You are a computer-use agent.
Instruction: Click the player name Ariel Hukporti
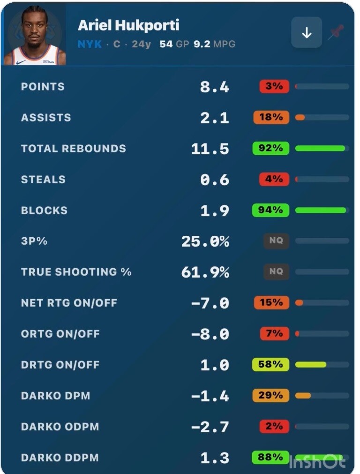tap(128, 25)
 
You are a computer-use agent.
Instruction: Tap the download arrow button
tap(307, 32)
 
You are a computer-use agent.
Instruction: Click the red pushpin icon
tap(337, 32)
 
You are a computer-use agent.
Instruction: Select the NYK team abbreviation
tap(90, 44)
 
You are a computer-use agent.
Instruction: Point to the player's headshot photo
tap(34, 35)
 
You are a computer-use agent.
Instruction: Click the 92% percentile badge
tap(270, 148)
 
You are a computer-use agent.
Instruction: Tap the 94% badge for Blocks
tap(270, 210)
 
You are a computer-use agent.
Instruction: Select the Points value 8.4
tap(215, 87)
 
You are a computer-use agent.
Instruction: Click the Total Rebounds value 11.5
tap(210, 149)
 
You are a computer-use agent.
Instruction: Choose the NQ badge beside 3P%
tap(276, 241)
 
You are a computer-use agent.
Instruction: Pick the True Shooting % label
tap(76, 272)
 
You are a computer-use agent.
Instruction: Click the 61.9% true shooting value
tap(205, 272)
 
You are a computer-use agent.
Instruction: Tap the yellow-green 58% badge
tap(270, 364)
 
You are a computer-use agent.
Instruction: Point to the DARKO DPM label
tap(56, 396)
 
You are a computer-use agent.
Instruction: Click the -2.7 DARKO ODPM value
tap(210, 427)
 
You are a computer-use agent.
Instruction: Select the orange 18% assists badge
tap(271, 117)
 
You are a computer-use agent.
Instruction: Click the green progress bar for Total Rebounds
tap(320, 148)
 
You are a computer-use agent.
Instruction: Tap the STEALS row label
tap(43, 180)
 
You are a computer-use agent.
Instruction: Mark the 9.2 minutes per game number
tap(202, 44)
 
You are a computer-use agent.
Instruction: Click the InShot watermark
tap(317, 462)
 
